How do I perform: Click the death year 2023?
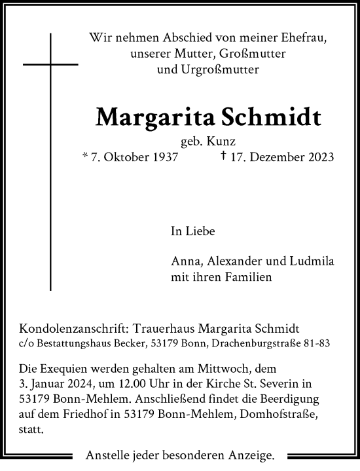320,157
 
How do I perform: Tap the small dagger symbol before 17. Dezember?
224,156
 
